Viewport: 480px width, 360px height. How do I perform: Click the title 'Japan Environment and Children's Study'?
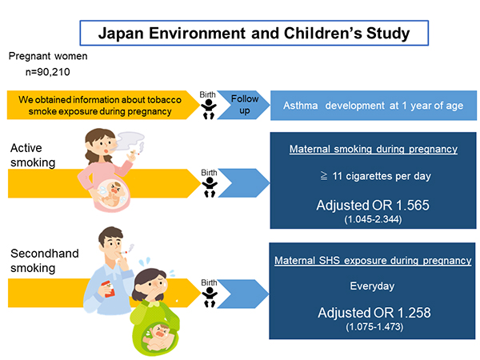[254, 33]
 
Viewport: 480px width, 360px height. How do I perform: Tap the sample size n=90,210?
[47, 72]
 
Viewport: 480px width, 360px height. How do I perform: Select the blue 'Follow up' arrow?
[244, 105]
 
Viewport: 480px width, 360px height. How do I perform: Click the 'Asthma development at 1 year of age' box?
[374, 106]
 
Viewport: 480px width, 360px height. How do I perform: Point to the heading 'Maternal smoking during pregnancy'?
[374, 149]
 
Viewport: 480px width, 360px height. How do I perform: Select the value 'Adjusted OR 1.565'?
[373, 205]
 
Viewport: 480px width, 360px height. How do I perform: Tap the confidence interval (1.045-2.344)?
[373, 219]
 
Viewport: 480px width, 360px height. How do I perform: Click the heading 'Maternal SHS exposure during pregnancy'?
[373, 261]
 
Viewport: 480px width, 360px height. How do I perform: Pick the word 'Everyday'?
[372, 286]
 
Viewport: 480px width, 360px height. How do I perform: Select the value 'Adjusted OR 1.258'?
[374, 313]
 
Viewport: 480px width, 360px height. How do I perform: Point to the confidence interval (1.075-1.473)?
[374, 326]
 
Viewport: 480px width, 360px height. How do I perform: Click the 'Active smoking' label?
[33, 155]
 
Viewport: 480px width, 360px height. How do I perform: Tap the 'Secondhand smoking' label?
[44, 261]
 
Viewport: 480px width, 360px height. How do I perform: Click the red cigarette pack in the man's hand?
[109, 289]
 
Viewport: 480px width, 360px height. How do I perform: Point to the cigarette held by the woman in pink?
[135, 153]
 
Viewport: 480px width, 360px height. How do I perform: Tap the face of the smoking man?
[112, 244]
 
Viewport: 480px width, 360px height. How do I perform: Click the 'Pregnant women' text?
[48, 56]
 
